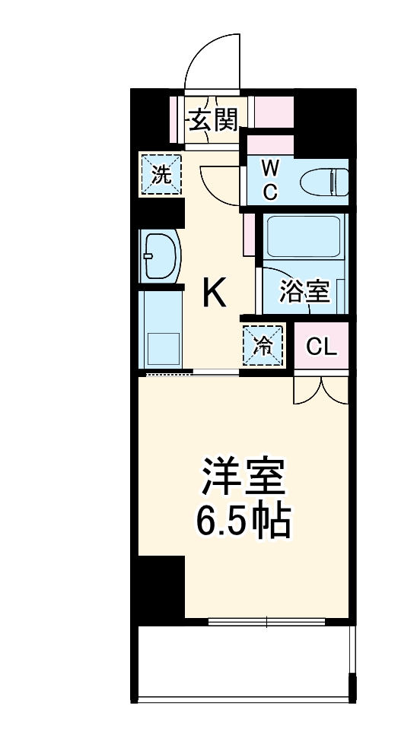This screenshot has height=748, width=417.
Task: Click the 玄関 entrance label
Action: click(214, 119)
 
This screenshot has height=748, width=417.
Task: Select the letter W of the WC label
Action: click(270, 167)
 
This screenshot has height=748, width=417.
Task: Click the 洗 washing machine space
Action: click(161, 175)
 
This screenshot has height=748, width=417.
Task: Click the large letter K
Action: click(213, 293)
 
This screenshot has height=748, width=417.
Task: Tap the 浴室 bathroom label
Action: click(304, 291)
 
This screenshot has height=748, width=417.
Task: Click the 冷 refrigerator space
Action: click(263, 346)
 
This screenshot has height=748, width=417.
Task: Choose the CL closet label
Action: click(321, 347)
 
